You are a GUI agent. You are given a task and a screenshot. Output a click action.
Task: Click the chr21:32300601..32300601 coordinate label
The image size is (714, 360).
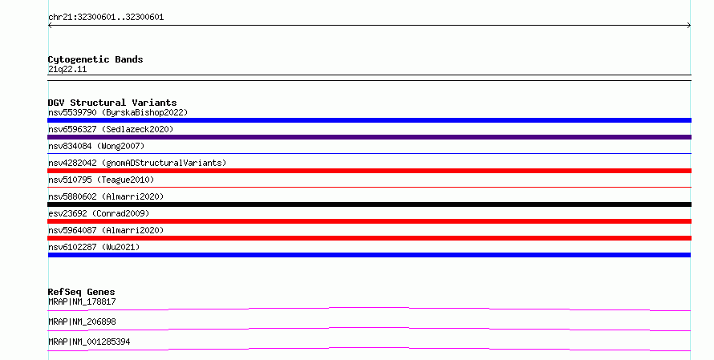(106, 18)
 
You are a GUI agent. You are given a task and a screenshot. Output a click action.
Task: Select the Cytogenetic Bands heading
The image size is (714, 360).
(95, 59)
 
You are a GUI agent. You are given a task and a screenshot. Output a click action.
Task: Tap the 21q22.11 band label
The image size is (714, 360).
(67, 69)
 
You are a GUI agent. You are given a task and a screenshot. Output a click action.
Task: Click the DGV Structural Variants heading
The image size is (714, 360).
(112, 103)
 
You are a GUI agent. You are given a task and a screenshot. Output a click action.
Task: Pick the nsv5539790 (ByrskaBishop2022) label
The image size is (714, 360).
(118, 112)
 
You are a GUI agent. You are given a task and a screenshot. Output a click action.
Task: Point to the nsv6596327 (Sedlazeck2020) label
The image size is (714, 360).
(111, 129)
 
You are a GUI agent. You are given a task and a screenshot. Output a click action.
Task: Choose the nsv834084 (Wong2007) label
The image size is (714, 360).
(96, 146)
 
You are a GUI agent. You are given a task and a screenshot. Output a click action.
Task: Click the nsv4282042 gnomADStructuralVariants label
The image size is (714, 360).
(137, 163)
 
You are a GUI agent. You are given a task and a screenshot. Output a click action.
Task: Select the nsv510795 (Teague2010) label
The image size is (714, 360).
(101, 180)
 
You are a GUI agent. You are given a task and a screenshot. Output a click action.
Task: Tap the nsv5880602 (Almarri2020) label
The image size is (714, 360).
(106, 196)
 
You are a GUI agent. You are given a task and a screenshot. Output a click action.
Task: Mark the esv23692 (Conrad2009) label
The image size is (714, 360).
(99, 213)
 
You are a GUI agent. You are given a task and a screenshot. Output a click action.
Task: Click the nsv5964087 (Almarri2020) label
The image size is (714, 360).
(106, 230)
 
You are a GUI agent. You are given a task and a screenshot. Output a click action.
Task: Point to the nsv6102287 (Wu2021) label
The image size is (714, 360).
(94, 247)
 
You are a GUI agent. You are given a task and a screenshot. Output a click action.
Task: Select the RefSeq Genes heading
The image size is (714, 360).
(82, 292)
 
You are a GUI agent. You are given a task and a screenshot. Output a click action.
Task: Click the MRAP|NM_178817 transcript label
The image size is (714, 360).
(82, 301)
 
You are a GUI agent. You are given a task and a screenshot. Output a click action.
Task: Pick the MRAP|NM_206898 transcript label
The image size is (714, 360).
(82, 322)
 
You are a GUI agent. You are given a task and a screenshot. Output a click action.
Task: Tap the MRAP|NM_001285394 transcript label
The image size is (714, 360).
(89, 342)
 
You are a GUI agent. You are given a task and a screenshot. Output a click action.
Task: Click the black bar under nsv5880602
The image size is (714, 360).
(369, 204)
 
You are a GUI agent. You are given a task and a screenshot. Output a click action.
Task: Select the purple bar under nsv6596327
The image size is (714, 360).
(369, 137)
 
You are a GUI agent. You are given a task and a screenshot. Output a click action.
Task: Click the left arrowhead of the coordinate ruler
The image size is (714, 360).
(50, 26)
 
